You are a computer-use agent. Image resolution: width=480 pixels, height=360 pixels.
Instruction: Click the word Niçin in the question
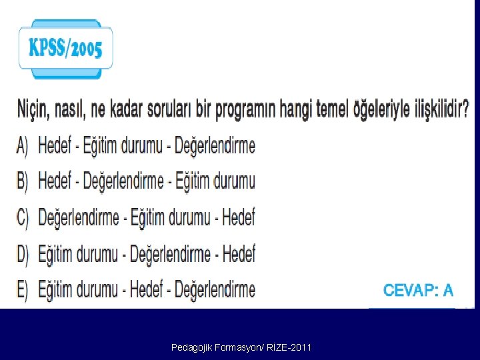[31, 109]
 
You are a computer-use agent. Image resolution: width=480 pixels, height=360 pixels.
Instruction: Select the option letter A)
[23, 145]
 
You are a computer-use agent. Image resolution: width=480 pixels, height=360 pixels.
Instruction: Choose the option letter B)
[23, 181]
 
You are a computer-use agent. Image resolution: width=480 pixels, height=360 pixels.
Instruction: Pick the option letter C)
[23, 217]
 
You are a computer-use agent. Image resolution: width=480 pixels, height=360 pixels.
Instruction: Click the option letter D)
[23, 253]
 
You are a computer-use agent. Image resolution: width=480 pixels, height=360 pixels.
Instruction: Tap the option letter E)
[23, 289]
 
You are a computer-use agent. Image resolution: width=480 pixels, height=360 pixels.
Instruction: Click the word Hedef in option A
[55, 145]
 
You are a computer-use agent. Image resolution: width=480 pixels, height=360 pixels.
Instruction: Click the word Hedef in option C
[239, 217]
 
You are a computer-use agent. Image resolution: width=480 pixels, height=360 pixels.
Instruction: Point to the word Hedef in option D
[239, 253]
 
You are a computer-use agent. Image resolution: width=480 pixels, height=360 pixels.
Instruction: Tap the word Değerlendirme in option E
[214, 289]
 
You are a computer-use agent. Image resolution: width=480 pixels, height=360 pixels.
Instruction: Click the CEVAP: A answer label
[418, 290]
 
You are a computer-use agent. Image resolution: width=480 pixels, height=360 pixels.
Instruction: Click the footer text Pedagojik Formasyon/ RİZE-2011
[241, 347]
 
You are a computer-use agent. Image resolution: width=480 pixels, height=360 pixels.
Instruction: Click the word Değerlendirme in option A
[214, 145]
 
